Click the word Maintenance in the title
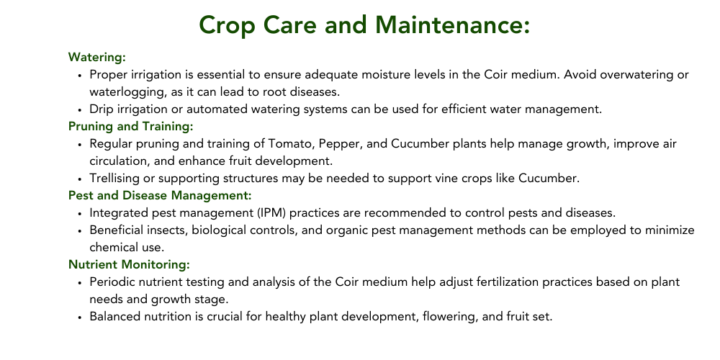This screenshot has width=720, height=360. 453,24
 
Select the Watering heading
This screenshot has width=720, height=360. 97,58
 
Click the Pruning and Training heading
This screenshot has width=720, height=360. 131,126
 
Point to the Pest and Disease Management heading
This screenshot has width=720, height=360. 160,196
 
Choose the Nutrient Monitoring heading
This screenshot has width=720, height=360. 129,264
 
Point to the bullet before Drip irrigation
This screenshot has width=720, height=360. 80,110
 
